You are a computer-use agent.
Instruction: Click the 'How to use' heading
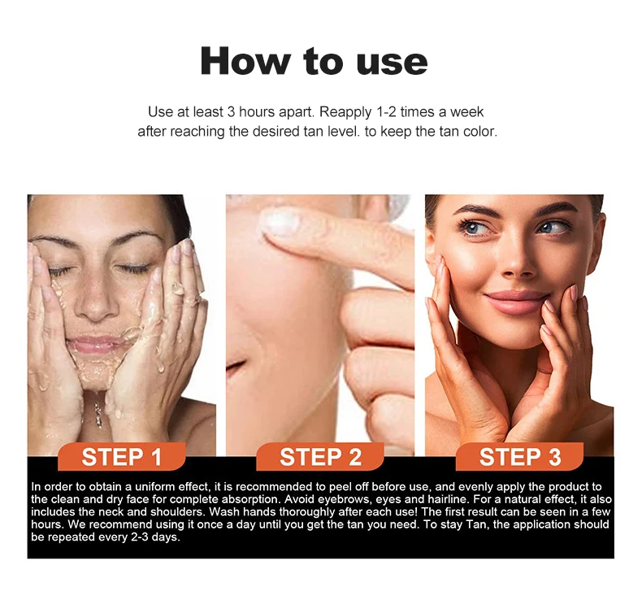pos(314,61)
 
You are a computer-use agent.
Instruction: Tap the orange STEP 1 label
pos(122,457)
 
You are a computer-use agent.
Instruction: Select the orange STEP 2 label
pos(320,457)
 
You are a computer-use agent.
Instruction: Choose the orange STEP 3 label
pos(519,457)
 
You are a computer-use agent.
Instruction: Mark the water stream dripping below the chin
pos(98,409)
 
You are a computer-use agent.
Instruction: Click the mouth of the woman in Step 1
pos(95,343)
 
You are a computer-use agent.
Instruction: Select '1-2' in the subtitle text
pos(385,112)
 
